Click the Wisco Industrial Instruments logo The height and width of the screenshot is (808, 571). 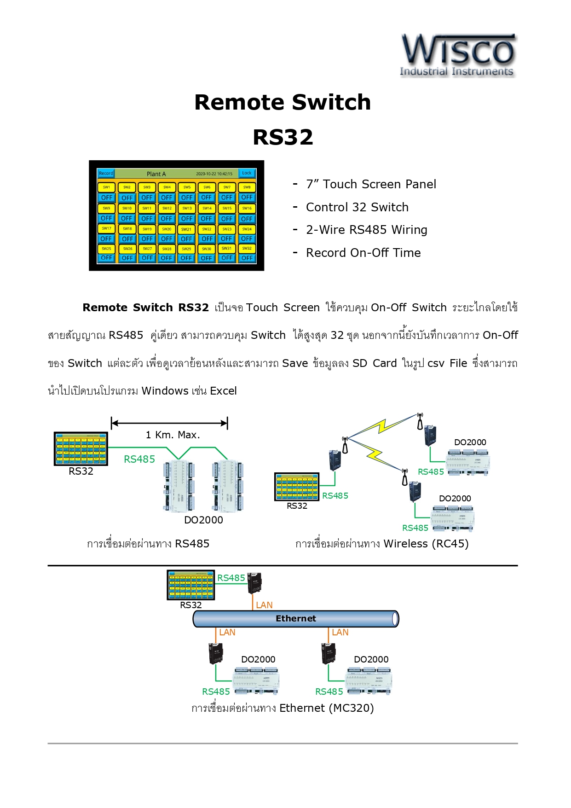point(458,55)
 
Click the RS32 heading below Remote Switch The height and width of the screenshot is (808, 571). point(283,137)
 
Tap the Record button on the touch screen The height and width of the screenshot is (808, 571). point(106,174)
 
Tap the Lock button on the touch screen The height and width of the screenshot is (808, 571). point(247,174)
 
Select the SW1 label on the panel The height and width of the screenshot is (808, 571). point(106,187)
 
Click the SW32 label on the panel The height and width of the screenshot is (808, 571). point(247,249)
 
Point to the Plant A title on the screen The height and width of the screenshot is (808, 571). point(156,174)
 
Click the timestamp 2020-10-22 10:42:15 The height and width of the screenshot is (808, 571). point(214,174)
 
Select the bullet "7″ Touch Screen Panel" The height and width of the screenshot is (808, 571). point(371,184)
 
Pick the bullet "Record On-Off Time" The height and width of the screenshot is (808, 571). point(363,253)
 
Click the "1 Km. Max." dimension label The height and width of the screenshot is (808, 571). point(173,435)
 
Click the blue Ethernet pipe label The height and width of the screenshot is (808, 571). point(296,618)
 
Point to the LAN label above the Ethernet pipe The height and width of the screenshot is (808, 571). point(264,605)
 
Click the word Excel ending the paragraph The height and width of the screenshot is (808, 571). point(223,391)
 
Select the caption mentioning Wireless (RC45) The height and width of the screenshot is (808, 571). point(382,544)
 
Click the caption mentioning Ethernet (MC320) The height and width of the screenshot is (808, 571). point(283,708)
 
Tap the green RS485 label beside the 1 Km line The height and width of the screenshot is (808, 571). point(139,459)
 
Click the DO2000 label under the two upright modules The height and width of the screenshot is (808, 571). point(203,520)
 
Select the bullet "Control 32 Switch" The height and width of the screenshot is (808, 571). point(357,207)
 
